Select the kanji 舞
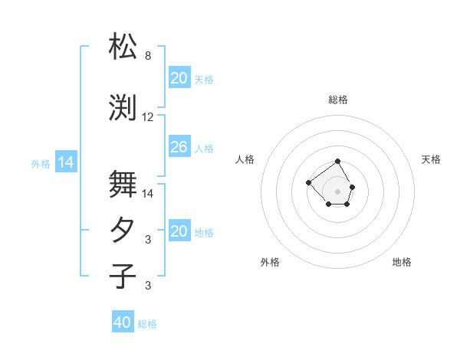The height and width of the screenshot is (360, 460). point(123,184)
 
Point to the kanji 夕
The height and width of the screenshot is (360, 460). point(123,231)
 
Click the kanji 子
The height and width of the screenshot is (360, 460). point(123,276)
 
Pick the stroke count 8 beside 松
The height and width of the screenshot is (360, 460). point(148,56)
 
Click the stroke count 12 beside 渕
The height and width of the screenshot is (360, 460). point(148,117)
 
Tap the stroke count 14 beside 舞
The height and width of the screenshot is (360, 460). point(148,194)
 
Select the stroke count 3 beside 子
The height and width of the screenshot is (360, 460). point(148,286)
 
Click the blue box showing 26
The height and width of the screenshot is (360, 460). point(179,147)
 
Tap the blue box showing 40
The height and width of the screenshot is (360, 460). point(123,322)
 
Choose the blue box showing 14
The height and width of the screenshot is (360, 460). point(66,162)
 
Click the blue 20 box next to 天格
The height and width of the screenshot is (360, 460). point(179,78)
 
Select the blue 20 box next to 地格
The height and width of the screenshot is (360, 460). point(179,231)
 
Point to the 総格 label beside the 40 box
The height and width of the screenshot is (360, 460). point(147,324)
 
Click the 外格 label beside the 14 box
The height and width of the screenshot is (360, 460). point(41,163)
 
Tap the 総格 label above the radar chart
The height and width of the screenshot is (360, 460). point(338,100)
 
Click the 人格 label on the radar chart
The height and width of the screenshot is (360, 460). point(245,159)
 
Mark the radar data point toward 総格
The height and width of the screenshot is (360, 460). point(338,162)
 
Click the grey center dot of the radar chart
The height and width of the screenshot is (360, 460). point(338,191)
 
